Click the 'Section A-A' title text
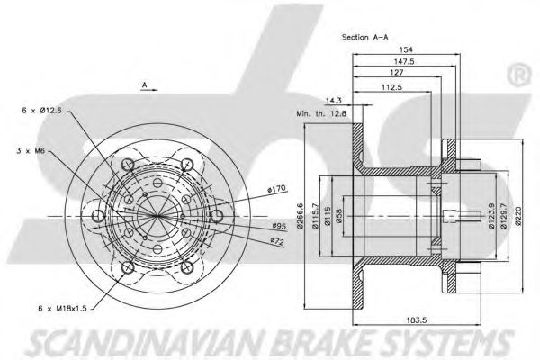[366, 38]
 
